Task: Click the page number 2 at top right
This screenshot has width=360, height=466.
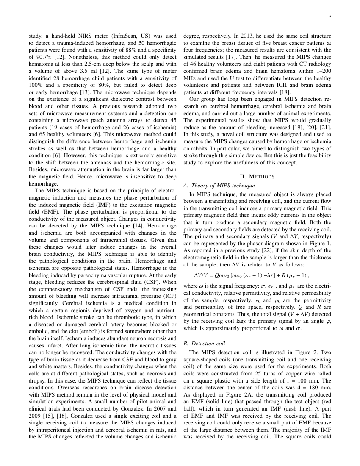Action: [330, 17]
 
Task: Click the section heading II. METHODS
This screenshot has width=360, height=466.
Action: [257, 177]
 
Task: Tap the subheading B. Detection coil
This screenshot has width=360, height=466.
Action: [208, 344]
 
